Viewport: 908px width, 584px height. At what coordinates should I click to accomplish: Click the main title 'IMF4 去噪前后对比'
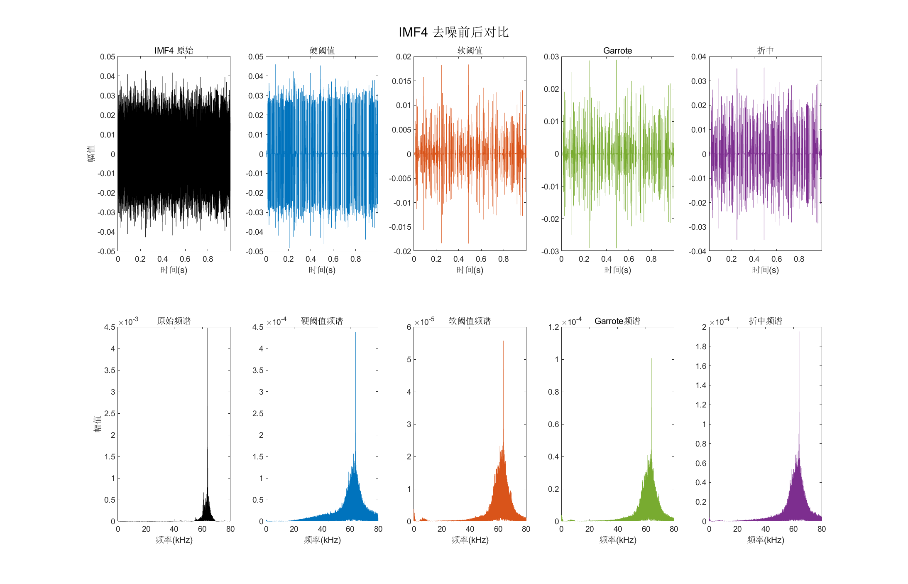[453, 32]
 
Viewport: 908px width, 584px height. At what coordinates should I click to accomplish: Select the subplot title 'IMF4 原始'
[174, 51]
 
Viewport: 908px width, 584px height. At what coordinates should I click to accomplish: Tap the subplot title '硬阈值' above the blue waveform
[322, 51]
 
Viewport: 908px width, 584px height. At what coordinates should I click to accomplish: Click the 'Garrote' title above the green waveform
[617, 51]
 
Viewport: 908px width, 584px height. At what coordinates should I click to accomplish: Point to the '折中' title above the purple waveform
[765, 51]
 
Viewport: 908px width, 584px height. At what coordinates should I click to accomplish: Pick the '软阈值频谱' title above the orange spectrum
[470, 321]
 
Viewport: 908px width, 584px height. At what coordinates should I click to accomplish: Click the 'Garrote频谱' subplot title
[617, 321]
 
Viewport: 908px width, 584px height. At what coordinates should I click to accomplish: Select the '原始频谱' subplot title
[174, 321]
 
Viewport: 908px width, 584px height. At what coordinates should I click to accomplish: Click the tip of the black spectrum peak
[208, 329]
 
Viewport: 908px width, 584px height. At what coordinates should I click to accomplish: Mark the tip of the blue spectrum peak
[355, 332]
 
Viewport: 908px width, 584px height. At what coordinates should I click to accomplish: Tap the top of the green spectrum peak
[651, 359]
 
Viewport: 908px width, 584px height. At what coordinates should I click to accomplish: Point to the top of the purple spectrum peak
[799, 332]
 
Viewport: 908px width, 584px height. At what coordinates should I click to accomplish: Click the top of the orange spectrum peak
[504, 341]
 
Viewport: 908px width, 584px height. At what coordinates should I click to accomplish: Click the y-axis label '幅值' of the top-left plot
[91, 153]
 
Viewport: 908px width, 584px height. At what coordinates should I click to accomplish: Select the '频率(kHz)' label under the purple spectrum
[765, 540]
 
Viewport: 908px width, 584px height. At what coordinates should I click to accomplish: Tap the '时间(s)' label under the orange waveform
[470, 270]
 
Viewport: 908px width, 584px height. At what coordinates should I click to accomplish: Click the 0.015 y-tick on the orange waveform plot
[401, 81]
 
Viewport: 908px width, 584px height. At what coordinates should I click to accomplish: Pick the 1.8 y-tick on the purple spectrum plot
[701, 346]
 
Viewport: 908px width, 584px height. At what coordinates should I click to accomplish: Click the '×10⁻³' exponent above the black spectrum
[128, 322]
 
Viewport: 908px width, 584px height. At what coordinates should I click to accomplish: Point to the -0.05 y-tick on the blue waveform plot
[254, 251]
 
